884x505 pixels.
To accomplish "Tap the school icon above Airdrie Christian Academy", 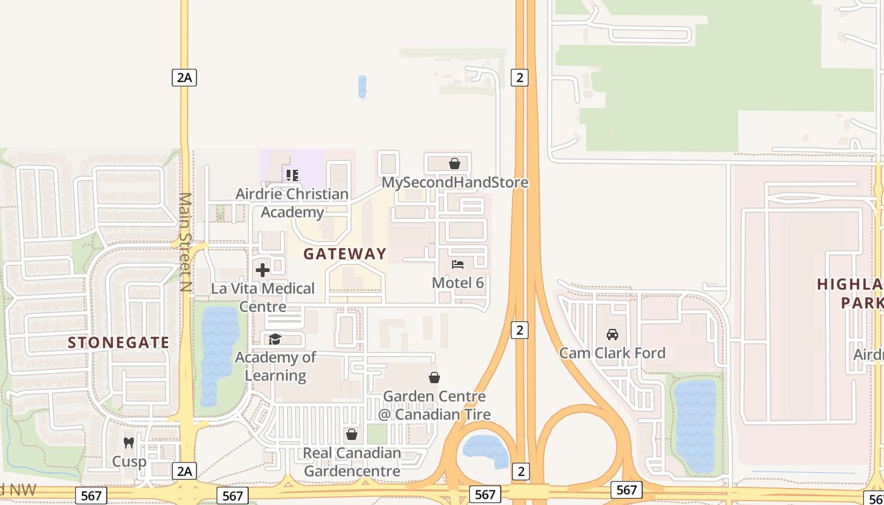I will point(292,175).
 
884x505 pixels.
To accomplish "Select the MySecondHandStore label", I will point(455,182).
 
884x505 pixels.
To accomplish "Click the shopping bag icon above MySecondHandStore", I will point(454,164).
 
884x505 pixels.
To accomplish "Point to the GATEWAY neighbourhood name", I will point(345,254).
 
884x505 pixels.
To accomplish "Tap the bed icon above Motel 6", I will point(458,264).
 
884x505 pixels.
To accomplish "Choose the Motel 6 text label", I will point(458,283).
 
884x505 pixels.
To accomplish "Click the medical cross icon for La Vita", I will point(263,270).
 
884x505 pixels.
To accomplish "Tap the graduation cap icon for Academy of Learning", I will point(275,340).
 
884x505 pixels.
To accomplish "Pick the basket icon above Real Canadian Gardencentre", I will point(352,434).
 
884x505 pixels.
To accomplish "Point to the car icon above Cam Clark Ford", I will point(612,334).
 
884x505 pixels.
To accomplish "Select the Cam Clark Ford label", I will point(612,353).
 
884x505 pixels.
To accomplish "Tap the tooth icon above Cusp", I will point(129,443).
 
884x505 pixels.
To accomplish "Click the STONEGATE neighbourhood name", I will point(119,343).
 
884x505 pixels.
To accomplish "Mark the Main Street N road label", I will point(184,242).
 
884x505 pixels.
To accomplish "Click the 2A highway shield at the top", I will point(184,78).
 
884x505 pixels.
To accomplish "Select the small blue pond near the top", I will point(362,86).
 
